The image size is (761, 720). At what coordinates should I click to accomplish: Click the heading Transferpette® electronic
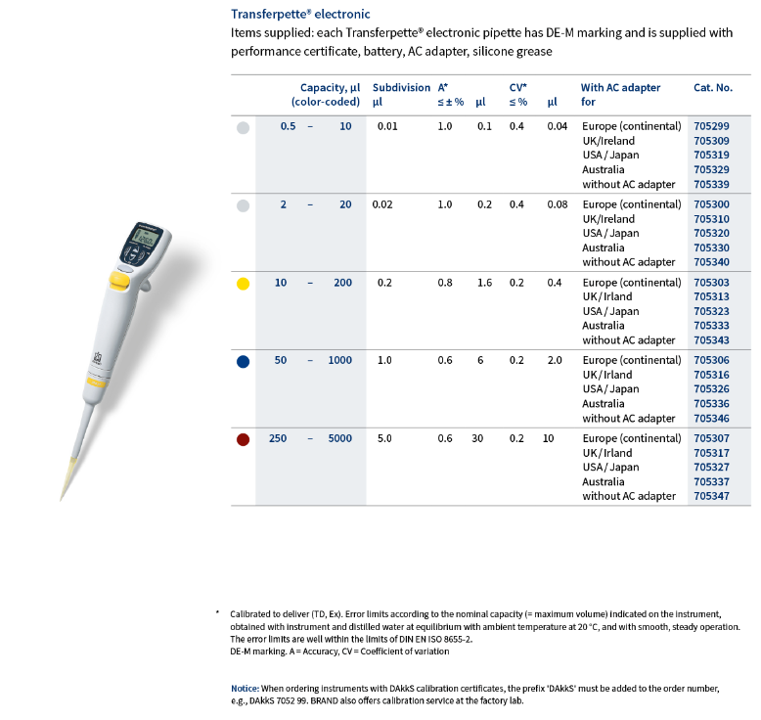pyautogui.click(x=300, y=14)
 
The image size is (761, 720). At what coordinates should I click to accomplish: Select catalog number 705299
pyautogui.click(x=711, y=126)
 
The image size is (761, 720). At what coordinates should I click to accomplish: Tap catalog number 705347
pyautogui.click(x=711, y=496)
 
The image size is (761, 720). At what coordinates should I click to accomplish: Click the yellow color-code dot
pyautogui.click(x=244, y=284)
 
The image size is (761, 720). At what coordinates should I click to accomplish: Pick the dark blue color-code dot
pyautogui.click(x=244, y=361)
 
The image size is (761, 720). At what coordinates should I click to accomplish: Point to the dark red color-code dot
pyautogui.click(x=244, y=439)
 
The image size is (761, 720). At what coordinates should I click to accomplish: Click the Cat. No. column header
pyautogui.click(x=712, y=87)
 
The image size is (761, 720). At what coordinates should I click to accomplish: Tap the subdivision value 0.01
pyautogui.click(x=386, y=126)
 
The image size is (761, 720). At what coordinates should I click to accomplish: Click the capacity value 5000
pyautogui.click(x=339, y=438)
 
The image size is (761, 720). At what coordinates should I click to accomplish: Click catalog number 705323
pyautogui.click(x=711, y=311)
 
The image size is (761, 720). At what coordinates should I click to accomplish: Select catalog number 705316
pyautogui.click(x=711, y=375)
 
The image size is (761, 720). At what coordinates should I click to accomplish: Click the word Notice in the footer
pyautogui.click(x=245, y=689)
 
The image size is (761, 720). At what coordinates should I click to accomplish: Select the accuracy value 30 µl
pyautogui.click(x=477, y=438)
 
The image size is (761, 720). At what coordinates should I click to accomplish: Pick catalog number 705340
pyautogui.click(x=711, y=261)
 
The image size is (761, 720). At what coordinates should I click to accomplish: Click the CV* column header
pyautogui.click(x=518, y=87)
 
